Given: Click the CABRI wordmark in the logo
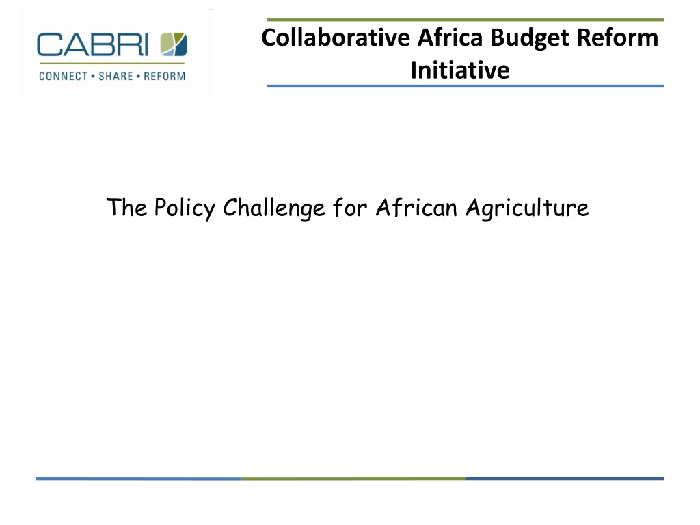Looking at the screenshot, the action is [92, 44].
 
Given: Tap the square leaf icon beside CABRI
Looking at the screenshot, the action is [174, 44].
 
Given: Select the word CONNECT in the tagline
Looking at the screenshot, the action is [64, 77].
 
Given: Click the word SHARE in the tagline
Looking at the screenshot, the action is [116, 77].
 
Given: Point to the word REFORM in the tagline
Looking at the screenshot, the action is [164, 77].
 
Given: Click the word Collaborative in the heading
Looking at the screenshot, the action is [336, 38].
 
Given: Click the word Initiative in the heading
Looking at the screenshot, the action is [460, 70].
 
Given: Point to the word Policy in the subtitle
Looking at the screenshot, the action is [185, 208].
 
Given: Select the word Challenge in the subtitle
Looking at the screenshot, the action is [274, 208].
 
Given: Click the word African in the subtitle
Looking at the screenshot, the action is [416, 208].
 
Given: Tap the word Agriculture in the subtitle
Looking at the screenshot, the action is [527, 208].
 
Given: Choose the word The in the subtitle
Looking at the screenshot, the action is [126, 207].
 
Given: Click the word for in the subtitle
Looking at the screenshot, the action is [351, 208].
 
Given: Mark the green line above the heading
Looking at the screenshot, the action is [466, 20].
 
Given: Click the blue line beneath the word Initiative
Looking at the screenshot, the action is [466, 85].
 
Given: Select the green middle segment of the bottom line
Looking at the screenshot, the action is [353, 479].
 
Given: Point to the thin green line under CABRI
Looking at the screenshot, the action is [111, 64].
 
